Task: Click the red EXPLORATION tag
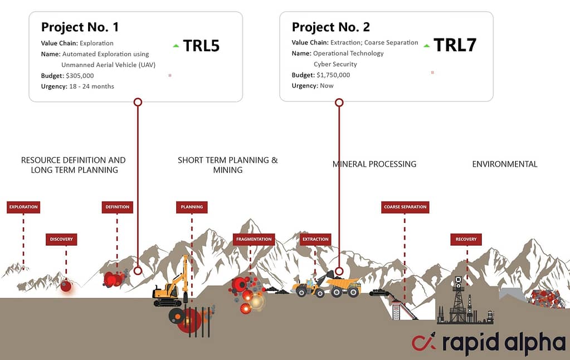click(x=23, y=207)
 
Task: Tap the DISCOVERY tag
click(x=61, y=239)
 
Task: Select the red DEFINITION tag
click(x=118, y=207)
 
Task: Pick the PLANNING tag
click(x=192, y=207)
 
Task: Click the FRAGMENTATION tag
click(x=254, y=239)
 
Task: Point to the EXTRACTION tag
click(x=315, y=239)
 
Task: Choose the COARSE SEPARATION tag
click(x=405, y=207)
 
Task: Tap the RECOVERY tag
click(x=466, y=239)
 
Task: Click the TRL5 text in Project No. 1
click(x=201, y=46)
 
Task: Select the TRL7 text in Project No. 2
click(x=455, y=45)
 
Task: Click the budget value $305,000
click(x=80, y=76)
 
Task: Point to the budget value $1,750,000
click(x=333, y=75)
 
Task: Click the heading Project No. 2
click(x=331, y=27)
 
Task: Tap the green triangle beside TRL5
click(x=176, y=46)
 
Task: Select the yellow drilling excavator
click(x=171, y=282)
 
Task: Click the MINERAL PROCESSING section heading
click(x=374, y=164)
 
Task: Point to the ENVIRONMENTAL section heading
click(x=505, y=164)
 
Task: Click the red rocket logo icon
click(x=424, y=342)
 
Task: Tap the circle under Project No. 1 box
click(x=138, y=102)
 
